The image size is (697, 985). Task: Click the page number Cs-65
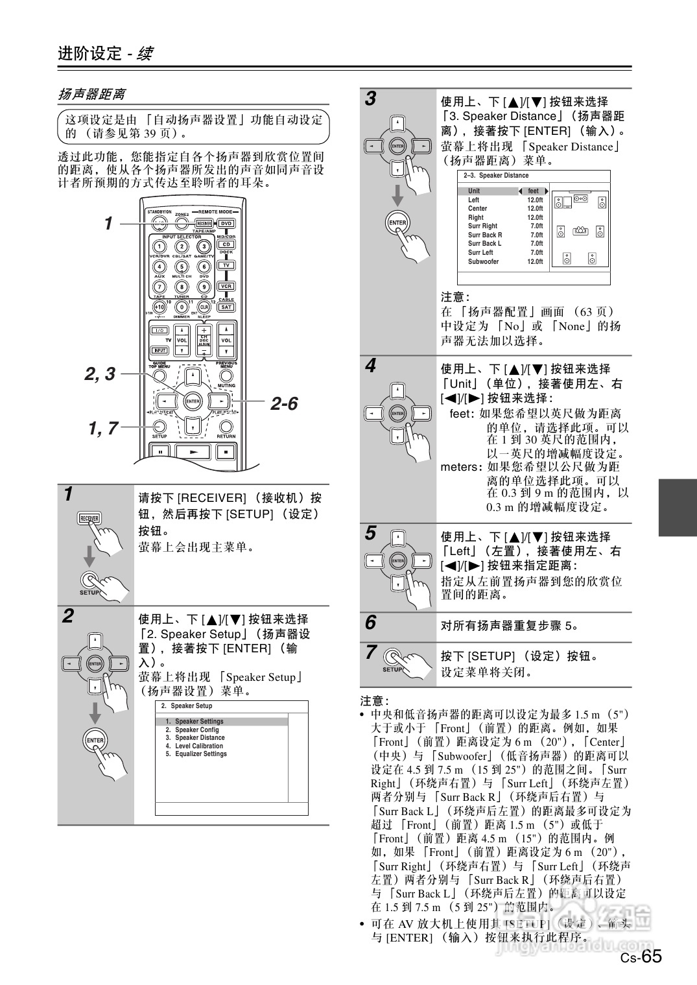[x=641, y=957]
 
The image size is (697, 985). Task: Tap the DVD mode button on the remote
[x=226, y=223]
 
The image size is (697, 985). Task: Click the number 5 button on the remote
[x=182, y=267]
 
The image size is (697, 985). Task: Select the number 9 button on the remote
[x=204, y=287]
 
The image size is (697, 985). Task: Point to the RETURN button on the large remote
[x=226, y=427]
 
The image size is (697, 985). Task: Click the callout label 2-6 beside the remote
[x=284, y=404]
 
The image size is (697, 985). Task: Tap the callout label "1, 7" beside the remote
[x=103, y=428]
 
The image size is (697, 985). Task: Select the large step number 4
[x=370, y=366]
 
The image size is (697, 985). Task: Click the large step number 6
[x=370, y=623]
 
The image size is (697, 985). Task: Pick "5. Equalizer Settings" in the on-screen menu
[x=200, y=754]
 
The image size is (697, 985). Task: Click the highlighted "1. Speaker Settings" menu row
[x=198, y=721]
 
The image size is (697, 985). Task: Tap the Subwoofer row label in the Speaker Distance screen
[x=483, y=262]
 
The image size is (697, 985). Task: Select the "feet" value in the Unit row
[x=533, y=191]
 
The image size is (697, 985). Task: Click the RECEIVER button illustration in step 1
[x=89, y=518]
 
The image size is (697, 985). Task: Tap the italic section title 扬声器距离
[x=91, y=95]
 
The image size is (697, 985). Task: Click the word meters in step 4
[x=459, y=467]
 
